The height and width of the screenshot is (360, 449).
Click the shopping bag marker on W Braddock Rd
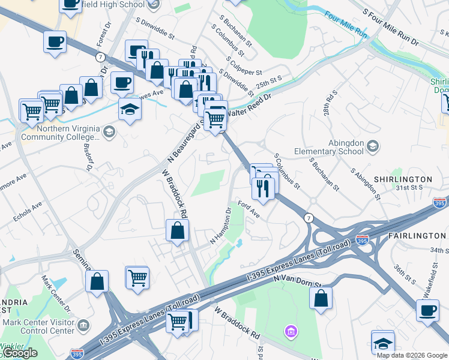(x=178, y=231)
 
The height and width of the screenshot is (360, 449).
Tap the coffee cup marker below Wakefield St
(x=427, y=311)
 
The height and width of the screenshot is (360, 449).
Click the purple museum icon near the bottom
(x=291, y=331)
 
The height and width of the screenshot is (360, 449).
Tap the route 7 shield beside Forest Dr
(x=100, y=56)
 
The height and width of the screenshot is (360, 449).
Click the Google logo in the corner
(x=20, y=353)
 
